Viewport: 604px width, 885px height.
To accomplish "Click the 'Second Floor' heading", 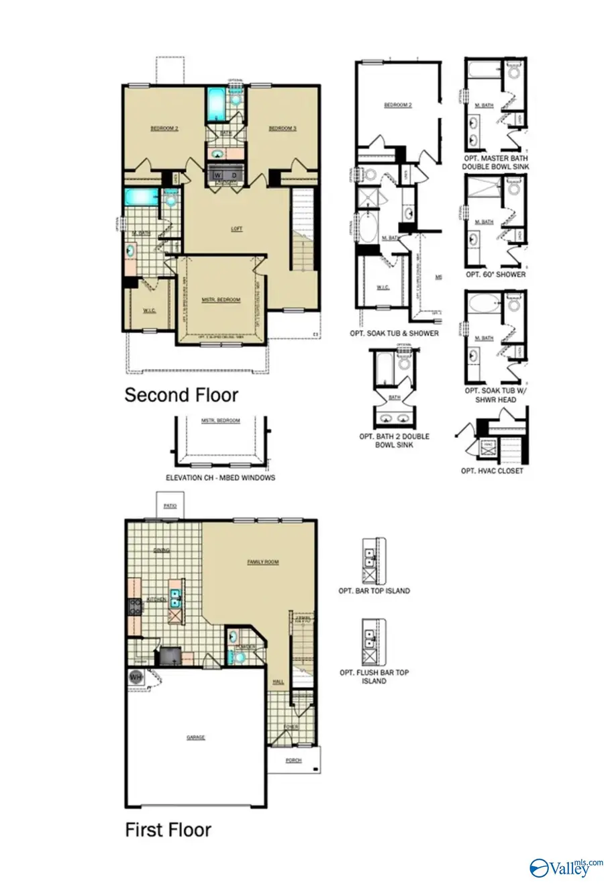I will (181, 395).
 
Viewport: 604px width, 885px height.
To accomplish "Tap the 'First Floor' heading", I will (168, 830).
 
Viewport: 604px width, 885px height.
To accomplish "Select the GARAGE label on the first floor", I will (195, 737).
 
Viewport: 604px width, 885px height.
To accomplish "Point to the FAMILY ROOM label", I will (262, 562).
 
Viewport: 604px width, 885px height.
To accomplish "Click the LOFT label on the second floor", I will (236, 229).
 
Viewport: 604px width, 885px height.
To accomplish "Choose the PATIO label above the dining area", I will (170, 506).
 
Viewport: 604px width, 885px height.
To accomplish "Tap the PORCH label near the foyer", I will (293, 761).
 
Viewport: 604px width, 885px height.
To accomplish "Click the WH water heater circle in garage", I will (136, 677).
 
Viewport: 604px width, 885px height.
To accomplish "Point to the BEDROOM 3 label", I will (283, 128).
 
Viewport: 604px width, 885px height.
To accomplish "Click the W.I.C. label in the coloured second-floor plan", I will (149, 311).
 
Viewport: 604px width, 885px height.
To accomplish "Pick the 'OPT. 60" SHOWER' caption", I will (495, 275).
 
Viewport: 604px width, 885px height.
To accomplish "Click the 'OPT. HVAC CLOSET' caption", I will (491, 471).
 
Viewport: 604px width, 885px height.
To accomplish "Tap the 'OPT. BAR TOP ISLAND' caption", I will (374, 591).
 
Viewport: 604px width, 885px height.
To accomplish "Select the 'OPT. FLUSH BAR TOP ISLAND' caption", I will (374, 676).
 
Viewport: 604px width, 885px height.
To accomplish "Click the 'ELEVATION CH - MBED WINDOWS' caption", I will (220, 478).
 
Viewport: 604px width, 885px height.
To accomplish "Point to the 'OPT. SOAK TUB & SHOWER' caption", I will (394, 333).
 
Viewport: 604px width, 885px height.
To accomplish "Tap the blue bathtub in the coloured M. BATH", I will (141, 197).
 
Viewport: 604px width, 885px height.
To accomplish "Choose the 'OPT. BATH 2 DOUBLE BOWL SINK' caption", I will (394, 440).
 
